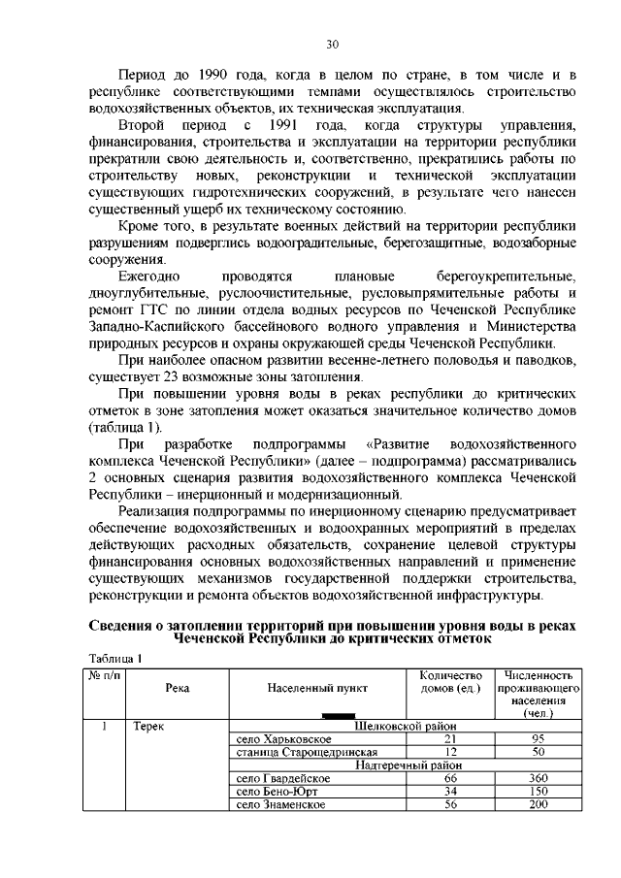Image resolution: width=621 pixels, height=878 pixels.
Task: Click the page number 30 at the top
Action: (332, 44)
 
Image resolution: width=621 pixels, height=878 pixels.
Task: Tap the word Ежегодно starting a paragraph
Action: (147, 276)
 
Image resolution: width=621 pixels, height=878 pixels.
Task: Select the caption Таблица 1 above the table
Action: (115, 658)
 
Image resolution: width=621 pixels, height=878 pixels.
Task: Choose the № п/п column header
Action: (101, 675)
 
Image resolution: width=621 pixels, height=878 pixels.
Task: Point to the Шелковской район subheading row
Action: (405, 725)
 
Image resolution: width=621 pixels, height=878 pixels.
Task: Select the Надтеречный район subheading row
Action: (405, 764)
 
